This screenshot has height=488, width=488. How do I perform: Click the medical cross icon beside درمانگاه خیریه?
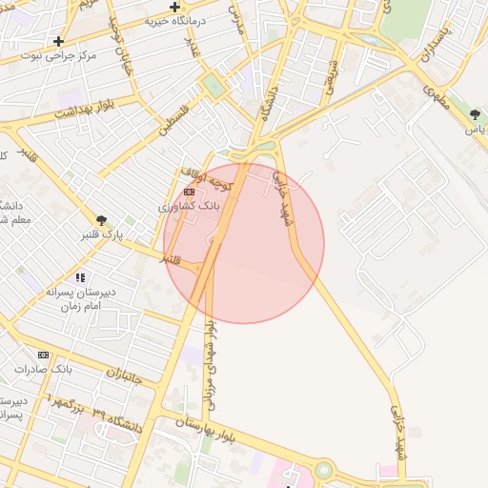click(x=175, y=7)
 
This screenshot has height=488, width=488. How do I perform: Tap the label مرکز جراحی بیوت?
click(x=64, y=56)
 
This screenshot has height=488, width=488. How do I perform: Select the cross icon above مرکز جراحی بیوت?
click(x=59, y=41)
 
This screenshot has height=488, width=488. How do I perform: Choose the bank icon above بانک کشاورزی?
click(x=189, y=192)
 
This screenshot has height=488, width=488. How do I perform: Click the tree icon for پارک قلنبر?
click(x=101, y=220)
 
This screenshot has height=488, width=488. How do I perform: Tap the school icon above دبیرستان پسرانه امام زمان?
click(x=80, y=277)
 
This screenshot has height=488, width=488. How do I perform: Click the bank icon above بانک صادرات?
click(x=43, y=355)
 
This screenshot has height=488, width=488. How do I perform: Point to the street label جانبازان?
click(x=123, y=376)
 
